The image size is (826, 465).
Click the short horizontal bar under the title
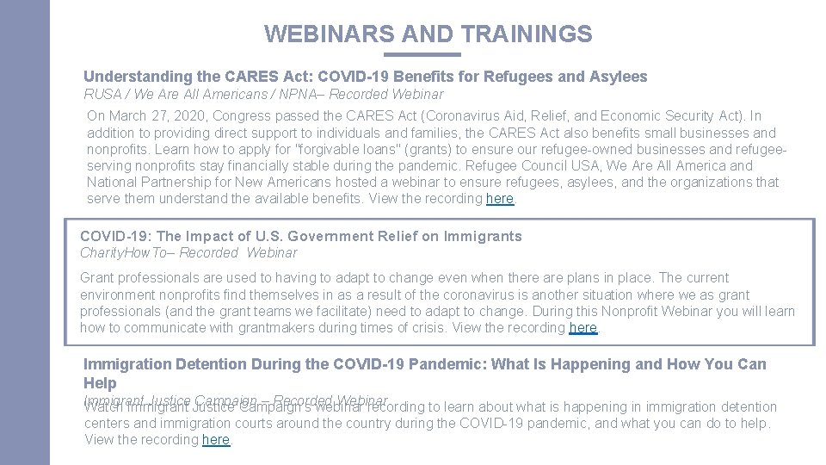coord(428,54)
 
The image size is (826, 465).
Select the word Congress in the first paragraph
coord(240,115)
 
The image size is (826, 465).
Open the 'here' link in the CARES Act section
coord(500,199)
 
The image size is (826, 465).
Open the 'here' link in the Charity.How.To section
coord(583,328)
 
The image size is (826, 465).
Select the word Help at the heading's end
coord(100,382)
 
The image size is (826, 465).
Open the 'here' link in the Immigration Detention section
coord(216,440)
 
